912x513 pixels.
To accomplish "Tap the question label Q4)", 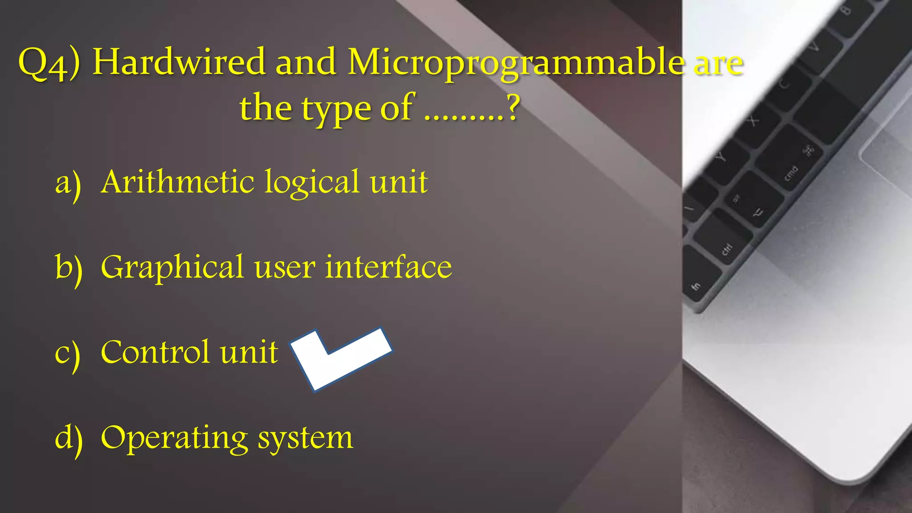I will (x=49, y=63).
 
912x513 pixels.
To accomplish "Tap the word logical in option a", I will (x=312, y=183).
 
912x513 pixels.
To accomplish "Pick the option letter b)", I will (x=69, y=268).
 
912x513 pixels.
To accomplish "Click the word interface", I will (x=388, y=267).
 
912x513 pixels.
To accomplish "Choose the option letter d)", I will (x=69, y=438).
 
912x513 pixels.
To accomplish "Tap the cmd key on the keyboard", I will (x=791, y=173).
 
